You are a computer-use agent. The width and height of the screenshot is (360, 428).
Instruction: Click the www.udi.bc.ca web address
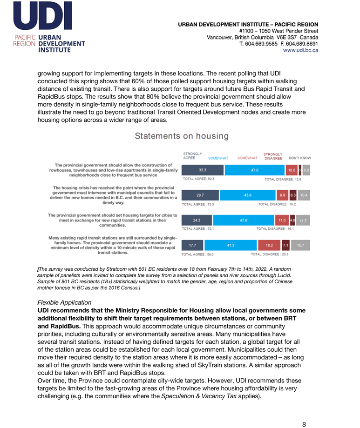pyautogui.click(x=301, y=50)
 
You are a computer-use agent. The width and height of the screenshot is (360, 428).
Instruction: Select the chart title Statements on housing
pyautogui.click(x=182, y=136)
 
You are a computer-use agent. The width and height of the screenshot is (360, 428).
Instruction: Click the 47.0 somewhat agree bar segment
pyautogui.click(x=255, y=171)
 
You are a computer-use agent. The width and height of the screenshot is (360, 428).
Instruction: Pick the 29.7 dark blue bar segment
pyautogui.click(x=200, y=195)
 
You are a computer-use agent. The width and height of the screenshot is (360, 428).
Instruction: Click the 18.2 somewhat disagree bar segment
pyautogui.click(x=269, y=244)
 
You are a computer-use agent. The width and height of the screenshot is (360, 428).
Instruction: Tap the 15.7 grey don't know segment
pyautogui.click(x=301, y=244)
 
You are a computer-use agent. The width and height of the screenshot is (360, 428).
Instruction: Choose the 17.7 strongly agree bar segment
pyautogui.click(x=192, y=244)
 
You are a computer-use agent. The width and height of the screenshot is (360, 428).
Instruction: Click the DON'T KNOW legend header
pyautogui.click(x=300, y=158)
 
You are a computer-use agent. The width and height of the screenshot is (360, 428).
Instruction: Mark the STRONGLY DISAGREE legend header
pyautogui.click(x=273, y=156)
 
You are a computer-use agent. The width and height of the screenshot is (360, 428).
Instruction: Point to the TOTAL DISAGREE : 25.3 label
pyautogui.click(x=270, y=254)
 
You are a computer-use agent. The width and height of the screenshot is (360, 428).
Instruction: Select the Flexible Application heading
pyautogui.click(x=64, y=302)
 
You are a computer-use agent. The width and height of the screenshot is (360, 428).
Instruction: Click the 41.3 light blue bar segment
pyautogui.click(x=230, y=244)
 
